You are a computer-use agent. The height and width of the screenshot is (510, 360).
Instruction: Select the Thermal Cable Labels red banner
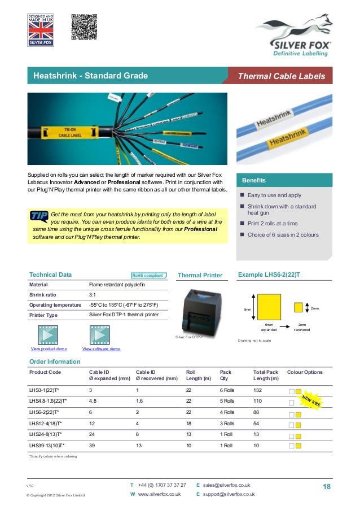click(x=280, y=76)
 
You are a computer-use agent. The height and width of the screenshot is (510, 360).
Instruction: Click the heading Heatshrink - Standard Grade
click(x=90, y=76)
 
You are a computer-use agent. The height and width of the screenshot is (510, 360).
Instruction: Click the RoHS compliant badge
click(x=148, y=276)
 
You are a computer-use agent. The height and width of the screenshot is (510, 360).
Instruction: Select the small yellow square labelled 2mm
click(x=298, y=308)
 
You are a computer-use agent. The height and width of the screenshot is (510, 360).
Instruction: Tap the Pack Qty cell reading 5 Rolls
click(x=227, y=402)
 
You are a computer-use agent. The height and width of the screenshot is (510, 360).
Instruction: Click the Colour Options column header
click(x=305, y=372)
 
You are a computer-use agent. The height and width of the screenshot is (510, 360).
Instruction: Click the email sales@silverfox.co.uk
click(x=226, y=485)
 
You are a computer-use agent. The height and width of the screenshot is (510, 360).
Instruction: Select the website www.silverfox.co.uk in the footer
click(x=159, y=494)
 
